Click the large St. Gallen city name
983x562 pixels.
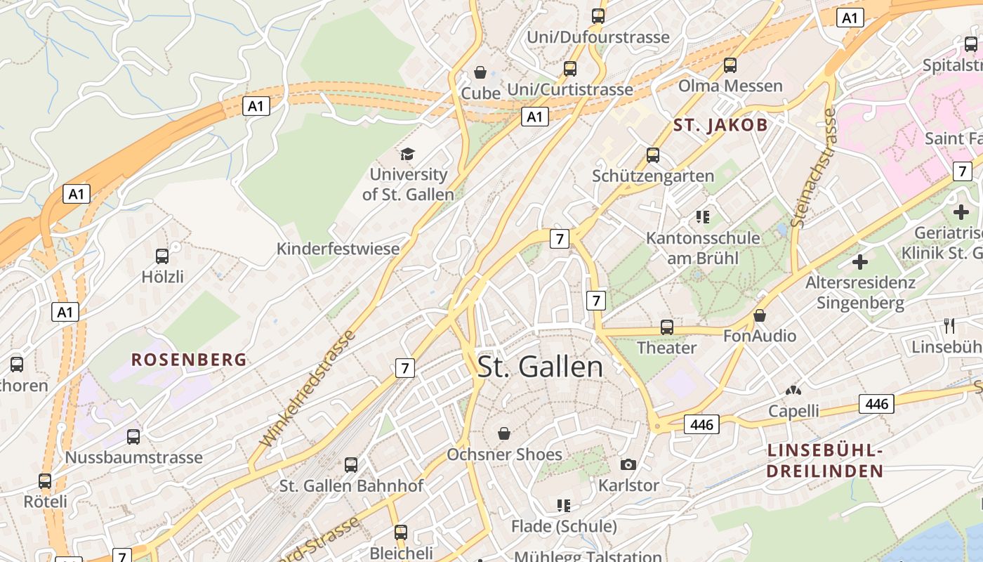(x=540, y=367)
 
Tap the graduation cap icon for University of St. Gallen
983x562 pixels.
(x=407, y=154)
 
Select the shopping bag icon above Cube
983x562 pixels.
(x=480, y=72)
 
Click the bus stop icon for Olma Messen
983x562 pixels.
(x=730, y=65)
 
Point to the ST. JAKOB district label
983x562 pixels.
(x=720, y=126)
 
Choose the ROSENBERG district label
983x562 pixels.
(x=189, y=360)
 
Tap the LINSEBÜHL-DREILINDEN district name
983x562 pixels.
(x=824, y=461)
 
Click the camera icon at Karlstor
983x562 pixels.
(x=628, y=464)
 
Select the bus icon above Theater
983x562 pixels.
(x=666, y=327)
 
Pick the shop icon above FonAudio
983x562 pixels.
(x=760, y=315)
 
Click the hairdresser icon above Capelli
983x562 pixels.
(x=793, y=390)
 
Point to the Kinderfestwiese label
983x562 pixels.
(x=338, y=249)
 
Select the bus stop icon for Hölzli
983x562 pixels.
(x=162, y=256)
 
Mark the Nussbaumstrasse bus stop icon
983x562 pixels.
(x=133, y=437)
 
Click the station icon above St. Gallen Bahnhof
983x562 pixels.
(x=351, y=464)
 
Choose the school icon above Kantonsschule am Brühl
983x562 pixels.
(x=703, y=217)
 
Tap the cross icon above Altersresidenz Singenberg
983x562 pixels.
(x=859, y=262)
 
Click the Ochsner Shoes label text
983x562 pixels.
(x=504, y=455)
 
